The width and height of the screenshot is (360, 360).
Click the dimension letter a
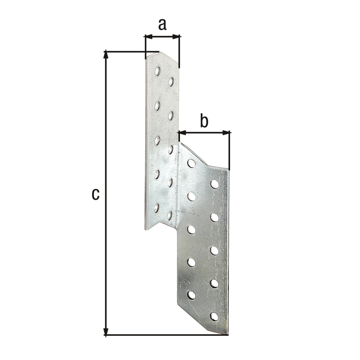[163, 24]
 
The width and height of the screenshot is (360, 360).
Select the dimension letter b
[204, 120]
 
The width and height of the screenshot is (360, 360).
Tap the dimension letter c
[96, 194]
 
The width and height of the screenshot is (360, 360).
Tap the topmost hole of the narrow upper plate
[157, 71]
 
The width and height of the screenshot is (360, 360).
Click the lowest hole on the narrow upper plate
[157, 208]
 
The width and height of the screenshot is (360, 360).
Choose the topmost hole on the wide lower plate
[191, 164]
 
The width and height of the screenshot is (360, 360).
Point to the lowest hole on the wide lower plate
[214, 317]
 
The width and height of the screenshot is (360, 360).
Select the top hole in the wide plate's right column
[214, 184]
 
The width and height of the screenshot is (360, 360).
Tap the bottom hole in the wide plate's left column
[191, 294]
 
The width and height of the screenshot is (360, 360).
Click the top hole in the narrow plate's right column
[171, 82]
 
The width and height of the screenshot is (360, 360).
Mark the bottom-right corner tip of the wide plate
[227, 334]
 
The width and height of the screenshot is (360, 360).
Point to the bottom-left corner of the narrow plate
[146, 229]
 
